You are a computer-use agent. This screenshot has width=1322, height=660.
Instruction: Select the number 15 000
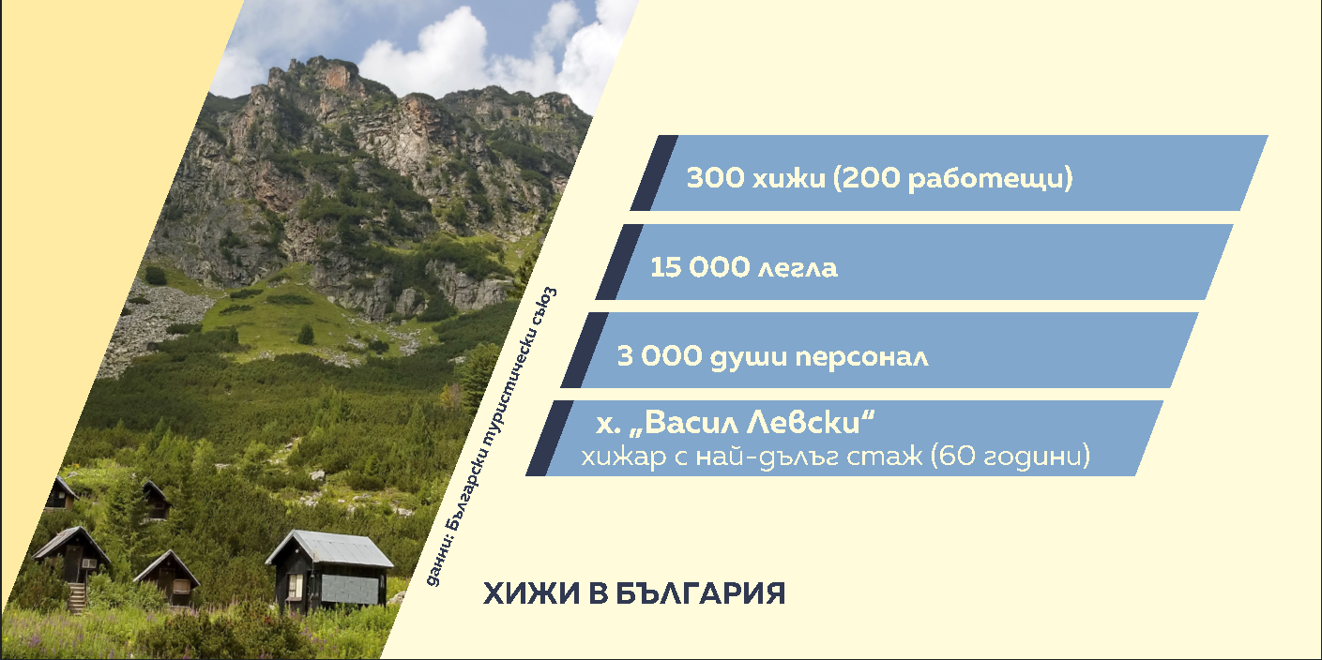point(699,267)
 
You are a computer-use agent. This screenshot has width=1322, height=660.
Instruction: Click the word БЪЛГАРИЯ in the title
point(701,593)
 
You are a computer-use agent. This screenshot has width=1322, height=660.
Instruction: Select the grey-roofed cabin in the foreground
point(329,571)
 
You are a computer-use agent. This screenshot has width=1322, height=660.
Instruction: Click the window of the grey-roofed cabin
point(295,585)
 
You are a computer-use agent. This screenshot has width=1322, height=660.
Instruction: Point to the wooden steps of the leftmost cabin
point(77,597)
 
